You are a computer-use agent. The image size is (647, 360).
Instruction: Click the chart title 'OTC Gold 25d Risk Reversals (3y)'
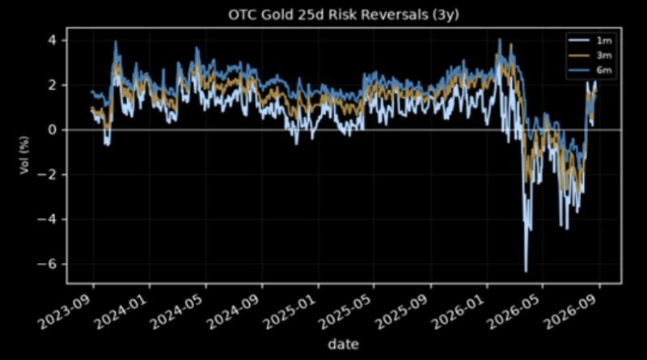click(x=344, y=15)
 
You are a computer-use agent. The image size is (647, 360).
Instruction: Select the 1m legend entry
click(x=590, y=40)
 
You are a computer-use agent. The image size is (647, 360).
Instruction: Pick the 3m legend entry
click(x=590, y=55)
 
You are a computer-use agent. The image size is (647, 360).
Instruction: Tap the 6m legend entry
click(x=590, y=70)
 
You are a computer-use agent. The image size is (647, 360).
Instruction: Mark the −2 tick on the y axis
click(x=49, y=174)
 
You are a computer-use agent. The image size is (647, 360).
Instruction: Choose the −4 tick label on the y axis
click(x=49, y=218)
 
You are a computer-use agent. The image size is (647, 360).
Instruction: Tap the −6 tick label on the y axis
click(x=49, y=264)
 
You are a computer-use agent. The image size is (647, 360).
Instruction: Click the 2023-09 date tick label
click(x=66, y=311)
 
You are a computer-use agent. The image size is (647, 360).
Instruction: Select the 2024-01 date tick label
click(x=122, y=311)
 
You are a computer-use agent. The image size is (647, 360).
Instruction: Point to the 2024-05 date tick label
click(x=178, y=311)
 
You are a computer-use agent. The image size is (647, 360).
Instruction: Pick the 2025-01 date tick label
click(x=290, y=311)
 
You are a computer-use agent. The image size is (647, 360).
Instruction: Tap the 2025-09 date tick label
click(x=403, y=311)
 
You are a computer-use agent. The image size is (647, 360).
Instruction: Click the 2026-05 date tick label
click(x=515, y=311)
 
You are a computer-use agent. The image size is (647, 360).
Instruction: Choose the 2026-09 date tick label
click(x=572, y=311)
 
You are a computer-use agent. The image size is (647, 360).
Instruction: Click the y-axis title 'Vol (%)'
click(x=24, y=155)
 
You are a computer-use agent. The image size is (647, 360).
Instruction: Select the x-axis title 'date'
click(x=343, y=344)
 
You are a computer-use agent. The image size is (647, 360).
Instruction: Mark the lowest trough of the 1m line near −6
click(x=526, y=271)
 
